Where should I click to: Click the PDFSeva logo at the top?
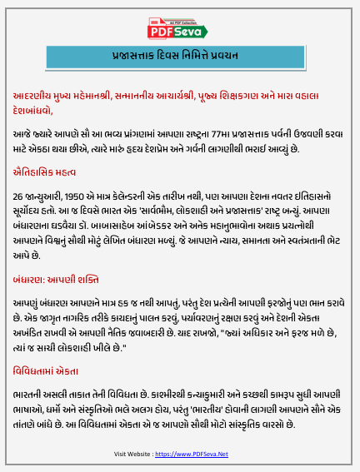tap(179, 30)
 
